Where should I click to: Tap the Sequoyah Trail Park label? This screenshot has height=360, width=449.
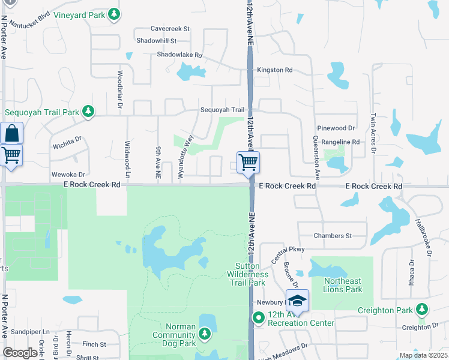[x=42, y=112]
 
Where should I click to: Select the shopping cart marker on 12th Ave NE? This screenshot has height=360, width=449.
[x=249, y=162]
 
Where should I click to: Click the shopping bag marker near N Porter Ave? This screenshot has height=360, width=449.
[x=11, y=133]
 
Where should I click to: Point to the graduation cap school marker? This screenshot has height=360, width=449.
[x=297, y=300]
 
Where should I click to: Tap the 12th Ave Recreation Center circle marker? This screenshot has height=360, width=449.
[x=259, y=318]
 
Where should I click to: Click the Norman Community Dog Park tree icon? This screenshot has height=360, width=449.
[x=205, y=332]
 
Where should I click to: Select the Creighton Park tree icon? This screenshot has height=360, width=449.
[x=423, y=310]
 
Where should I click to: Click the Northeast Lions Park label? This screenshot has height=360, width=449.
[x=343, y=285]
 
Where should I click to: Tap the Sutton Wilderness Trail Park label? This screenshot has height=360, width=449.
[x=247, y=274]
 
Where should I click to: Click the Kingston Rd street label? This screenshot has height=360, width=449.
[x=274, y=70]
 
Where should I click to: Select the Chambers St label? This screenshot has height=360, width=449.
[x=332, y=236]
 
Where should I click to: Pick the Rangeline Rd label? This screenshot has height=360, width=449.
[x=340, y=142]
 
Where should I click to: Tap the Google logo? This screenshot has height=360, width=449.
[x=20, y=353]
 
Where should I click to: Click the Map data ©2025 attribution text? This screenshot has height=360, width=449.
[x=423, y=355]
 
